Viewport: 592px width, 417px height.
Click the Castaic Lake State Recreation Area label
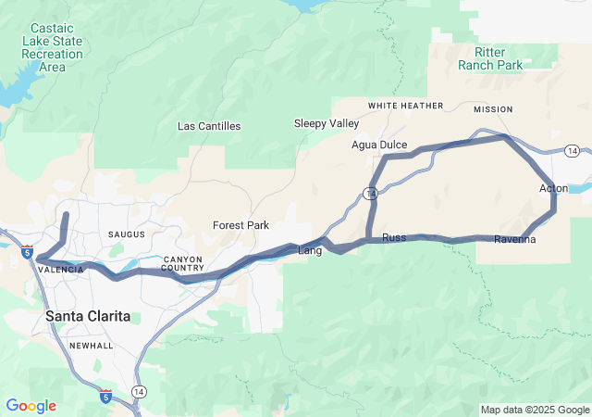(x=52, y=48)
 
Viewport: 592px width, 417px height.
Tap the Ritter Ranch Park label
(x=490, y=58)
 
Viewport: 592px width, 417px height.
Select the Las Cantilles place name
(x=209, y=126)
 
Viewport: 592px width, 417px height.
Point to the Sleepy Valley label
(x=327, y=123)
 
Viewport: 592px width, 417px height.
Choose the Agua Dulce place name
(x=379, y=145)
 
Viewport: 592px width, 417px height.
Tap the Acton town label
(x=553, y=189)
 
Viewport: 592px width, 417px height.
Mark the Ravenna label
(x=514, y=240)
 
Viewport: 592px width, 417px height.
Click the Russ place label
(x=394, y=238)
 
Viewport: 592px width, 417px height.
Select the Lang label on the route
(x=309, y=250)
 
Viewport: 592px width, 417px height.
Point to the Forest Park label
(x=240, y=225)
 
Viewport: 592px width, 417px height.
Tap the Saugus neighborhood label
(x=127, y=235)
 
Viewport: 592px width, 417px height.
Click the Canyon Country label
(x=182, y=264)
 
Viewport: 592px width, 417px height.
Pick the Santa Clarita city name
(x=88, y=317)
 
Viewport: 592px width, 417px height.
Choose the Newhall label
(x=91, y=346)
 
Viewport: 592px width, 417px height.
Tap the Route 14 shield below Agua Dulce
(x=370, y=194)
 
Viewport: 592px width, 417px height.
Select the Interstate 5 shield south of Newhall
(x=105, y=396)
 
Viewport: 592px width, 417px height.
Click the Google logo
(x=31, y=406)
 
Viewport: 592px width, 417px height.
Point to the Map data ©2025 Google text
(x=535, y=410)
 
